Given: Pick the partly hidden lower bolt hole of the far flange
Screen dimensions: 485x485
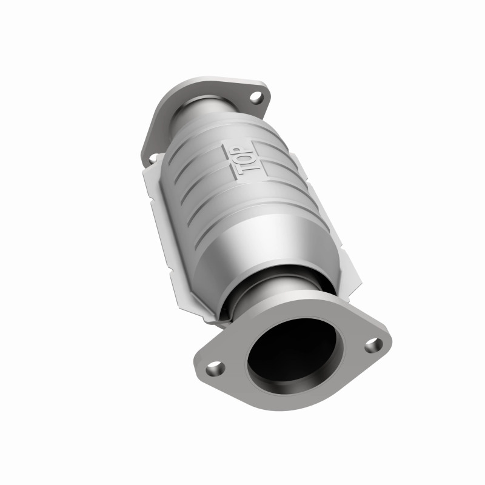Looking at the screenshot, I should point(152,158).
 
